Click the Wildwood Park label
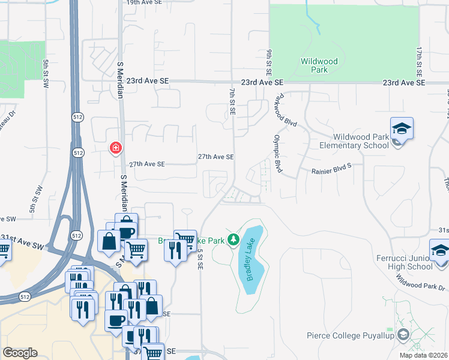pos(320,65)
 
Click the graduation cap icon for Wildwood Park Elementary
pos(402,128)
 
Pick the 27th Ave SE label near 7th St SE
pos(215,157)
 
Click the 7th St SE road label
pos(232,100)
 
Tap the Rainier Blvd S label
pos(331,171)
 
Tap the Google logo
pos(20,353)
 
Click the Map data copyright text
pos(423,355)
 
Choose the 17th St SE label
pos(418,62)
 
